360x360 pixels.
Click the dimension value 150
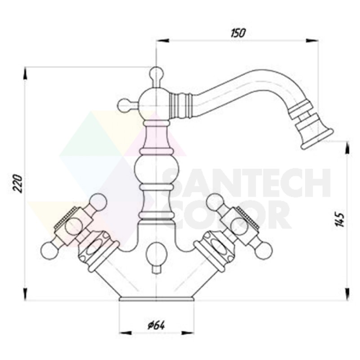point(238,33)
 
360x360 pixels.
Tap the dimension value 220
point(18,184)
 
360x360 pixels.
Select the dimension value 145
point(339,219)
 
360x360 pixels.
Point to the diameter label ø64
point(156,325)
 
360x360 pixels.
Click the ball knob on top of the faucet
point(156,73)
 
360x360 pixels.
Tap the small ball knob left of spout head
point(124,106)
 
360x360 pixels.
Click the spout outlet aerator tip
point(317,141)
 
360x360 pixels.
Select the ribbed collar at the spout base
point(181,101)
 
